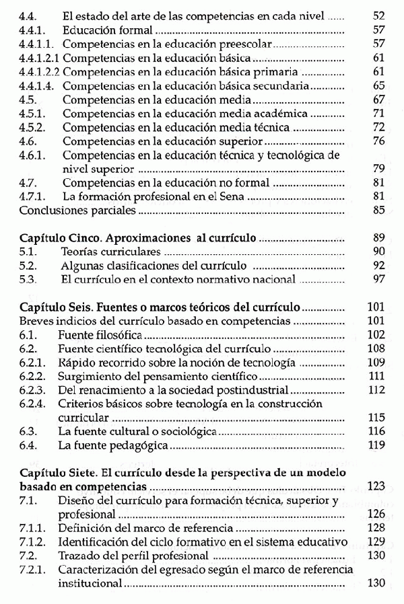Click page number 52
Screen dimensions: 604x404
[x=378, y=15]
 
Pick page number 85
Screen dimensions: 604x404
[x=378, y=211]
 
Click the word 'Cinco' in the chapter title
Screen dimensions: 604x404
[x=83, y=238]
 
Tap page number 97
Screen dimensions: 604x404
[x=378, y=280]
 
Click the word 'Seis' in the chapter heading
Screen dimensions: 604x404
[x=80, y=307]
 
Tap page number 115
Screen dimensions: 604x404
[x=376, y=418]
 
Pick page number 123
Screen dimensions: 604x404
[x=376, y=486]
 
